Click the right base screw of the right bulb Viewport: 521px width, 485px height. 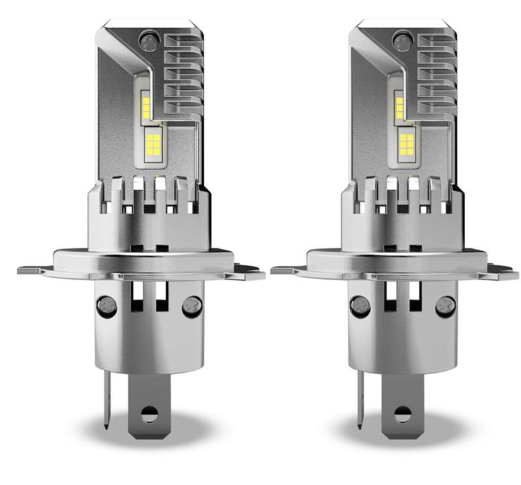click(x=445, y=304)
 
